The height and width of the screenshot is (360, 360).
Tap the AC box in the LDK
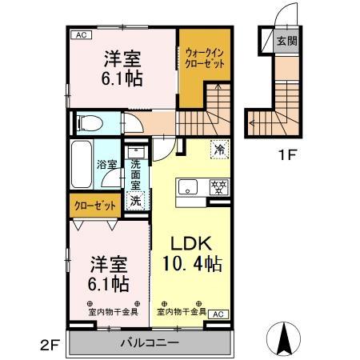pos(217,315)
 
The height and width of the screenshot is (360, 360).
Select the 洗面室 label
pos(136,174)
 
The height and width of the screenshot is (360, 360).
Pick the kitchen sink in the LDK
pos(188,189)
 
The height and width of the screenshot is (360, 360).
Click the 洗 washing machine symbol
pos(136,200)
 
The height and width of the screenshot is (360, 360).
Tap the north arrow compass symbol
pos(284,338)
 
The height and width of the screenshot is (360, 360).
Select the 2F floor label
pos(49,346)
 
